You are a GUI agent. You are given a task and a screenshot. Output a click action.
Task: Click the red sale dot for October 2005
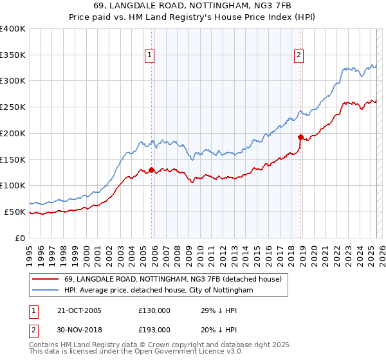(x=152, y=170)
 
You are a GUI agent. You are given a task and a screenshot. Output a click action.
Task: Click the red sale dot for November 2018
(x=300, y=137)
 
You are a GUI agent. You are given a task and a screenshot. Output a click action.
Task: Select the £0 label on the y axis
(x=21, y=238)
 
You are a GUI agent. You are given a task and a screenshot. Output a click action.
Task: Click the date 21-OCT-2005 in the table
(x=79, y=310)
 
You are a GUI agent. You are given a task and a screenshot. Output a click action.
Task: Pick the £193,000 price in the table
(x=154, y=330)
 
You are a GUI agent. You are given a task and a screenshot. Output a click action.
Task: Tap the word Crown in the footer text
(x=158, y=345)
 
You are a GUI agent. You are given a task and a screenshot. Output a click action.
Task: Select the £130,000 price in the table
(x=154, y=310)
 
